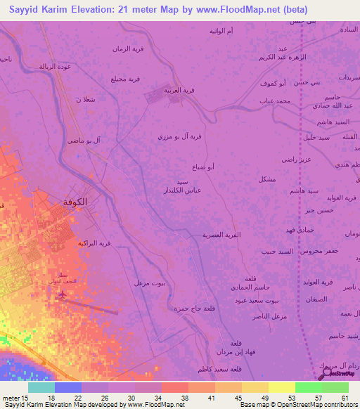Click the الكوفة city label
coord(76,202)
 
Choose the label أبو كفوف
coord(291,84)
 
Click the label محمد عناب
coord(274,102)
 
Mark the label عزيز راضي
coord(296,160)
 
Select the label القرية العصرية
coord(222,235)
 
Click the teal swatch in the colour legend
coord(41,387)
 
